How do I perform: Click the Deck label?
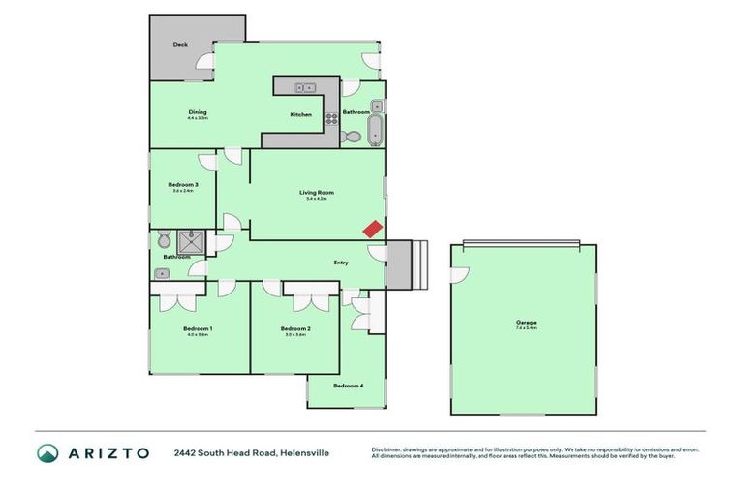(x=180, y=45)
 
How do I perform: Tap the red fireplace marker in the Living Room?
(x=372, y=229)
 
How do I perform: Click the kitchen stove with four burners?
(x=331, y=120)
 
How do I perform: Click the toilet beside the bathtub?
(x=352, y=138)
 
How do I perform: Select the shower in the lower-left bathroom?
(x=192, y=240)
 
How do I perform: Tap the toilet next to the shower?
(x=163, y=239)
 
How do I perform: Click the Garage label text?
(x=526, y=323)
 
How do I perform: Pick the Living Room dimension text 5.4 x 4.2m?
(x=316, y=199)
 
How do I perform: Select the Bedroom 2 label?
(x=296, y=329)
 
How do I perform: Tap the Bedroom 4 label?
(x=349, y=387)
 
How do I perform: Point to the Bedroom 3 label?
(x=183, y=185)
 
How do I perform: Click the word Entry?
(x=341, y=263)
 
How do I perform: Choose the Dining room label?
(x=198, y=112)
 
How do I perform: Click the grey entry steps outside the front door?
(x=406, y=264)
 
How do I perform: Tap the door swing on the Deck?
(x=204, y=61)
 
